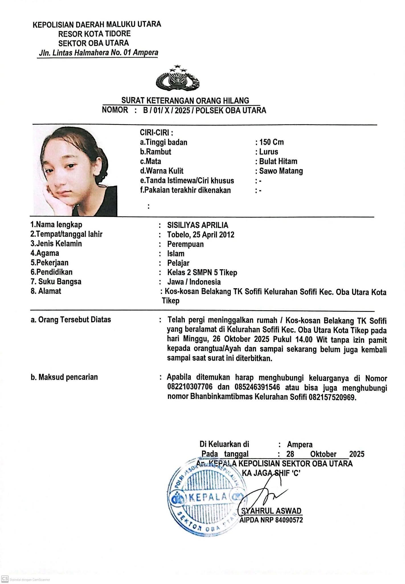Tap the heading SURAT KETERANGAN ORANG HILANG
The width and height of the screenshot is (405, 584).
pos(185,100)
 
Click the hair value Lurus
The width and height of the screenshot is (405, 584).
pos(268,152)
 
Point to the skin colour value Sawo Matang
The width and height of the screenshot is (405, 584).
pos(281,171)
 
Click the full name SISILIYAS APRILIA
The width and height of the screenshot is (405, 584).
pos(198,225)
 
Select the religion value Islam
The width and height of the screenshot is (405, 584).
pos(176,254)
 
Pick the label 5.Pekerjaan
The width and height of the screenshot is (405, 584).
pos(50,263)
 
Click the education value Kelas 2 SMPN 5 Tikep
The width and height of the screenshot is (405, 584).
pos(202,273)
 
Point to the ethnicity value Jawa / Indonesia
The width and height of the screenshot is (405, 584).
pos(194,282)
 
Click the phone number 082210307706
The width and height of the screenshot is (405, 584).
pos(190,388)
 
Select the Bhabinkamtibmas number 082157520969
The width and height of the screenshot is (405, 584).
pos(332,397)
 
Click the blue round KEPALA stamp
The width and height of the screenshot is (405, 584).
pos(208,498)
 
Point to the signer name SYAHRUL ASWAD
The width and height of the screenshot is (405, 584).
pos(271,511)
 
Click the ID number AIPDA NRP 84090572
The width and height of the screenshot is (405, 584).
pos(271,520)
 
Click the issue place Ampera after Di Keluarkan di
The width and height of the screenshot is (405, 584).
pos(300,445)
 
